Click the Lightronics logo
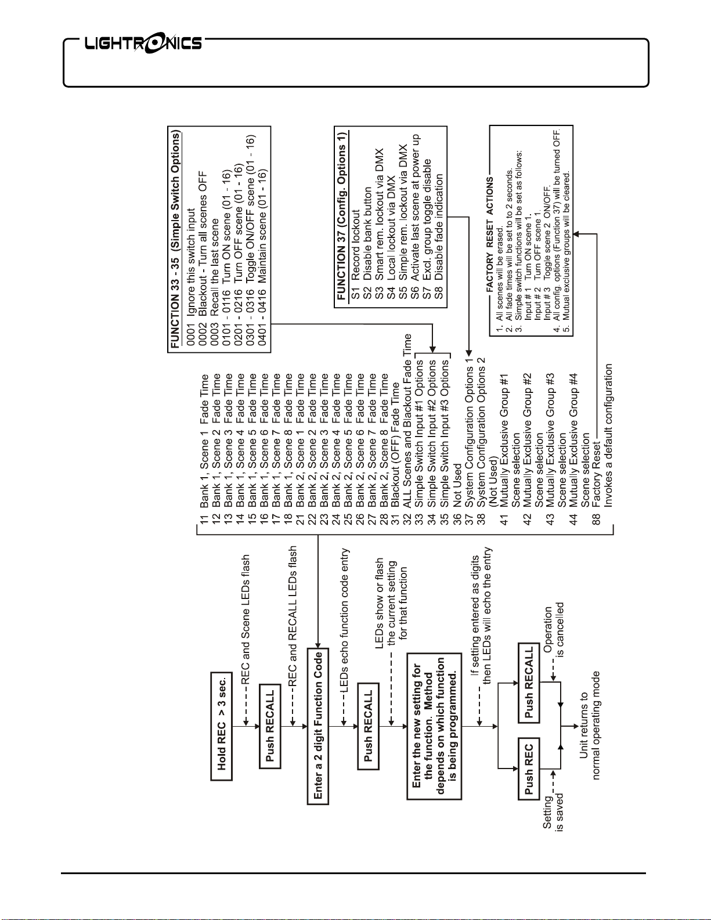[143, 44]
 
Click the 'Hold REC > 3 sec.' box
[221, 726]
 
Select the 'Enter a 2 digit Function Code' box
[318, 726]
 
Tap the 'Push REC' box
[529, 769]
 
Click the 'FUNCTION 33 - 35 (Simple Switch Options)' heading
[175, 240]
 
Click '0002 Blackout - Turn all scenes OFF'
[203, 244]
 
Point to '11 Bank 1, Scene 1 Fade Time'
[204, 449]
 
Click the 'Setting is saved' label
[553, 813]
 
